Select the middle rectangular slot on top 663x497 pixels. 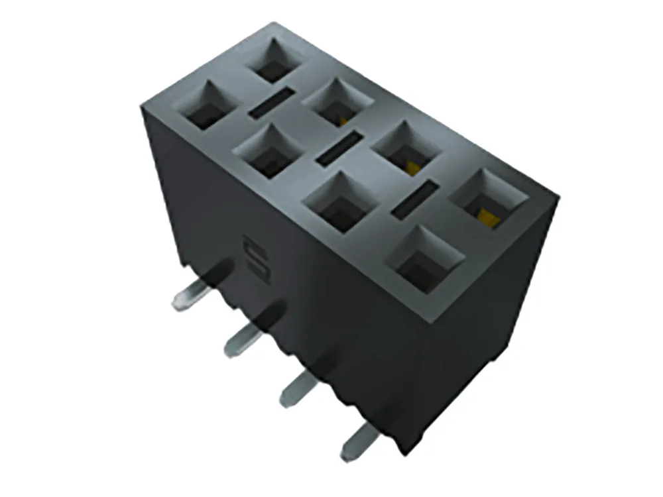[339, 149]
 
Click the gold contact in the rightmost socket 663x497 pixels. [489, 216]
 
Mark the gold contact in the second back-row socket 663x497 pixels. [342, 119]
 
